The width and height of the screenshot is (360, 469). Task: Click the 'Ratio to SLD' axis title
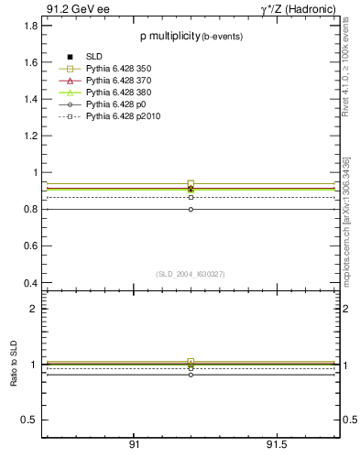tap(14, 365)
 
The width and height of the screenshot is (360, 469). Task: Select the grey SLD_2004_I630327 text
tap(190, 273)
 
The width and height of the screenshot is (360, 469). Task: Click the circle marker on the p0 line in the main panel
tap(191, 209)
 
